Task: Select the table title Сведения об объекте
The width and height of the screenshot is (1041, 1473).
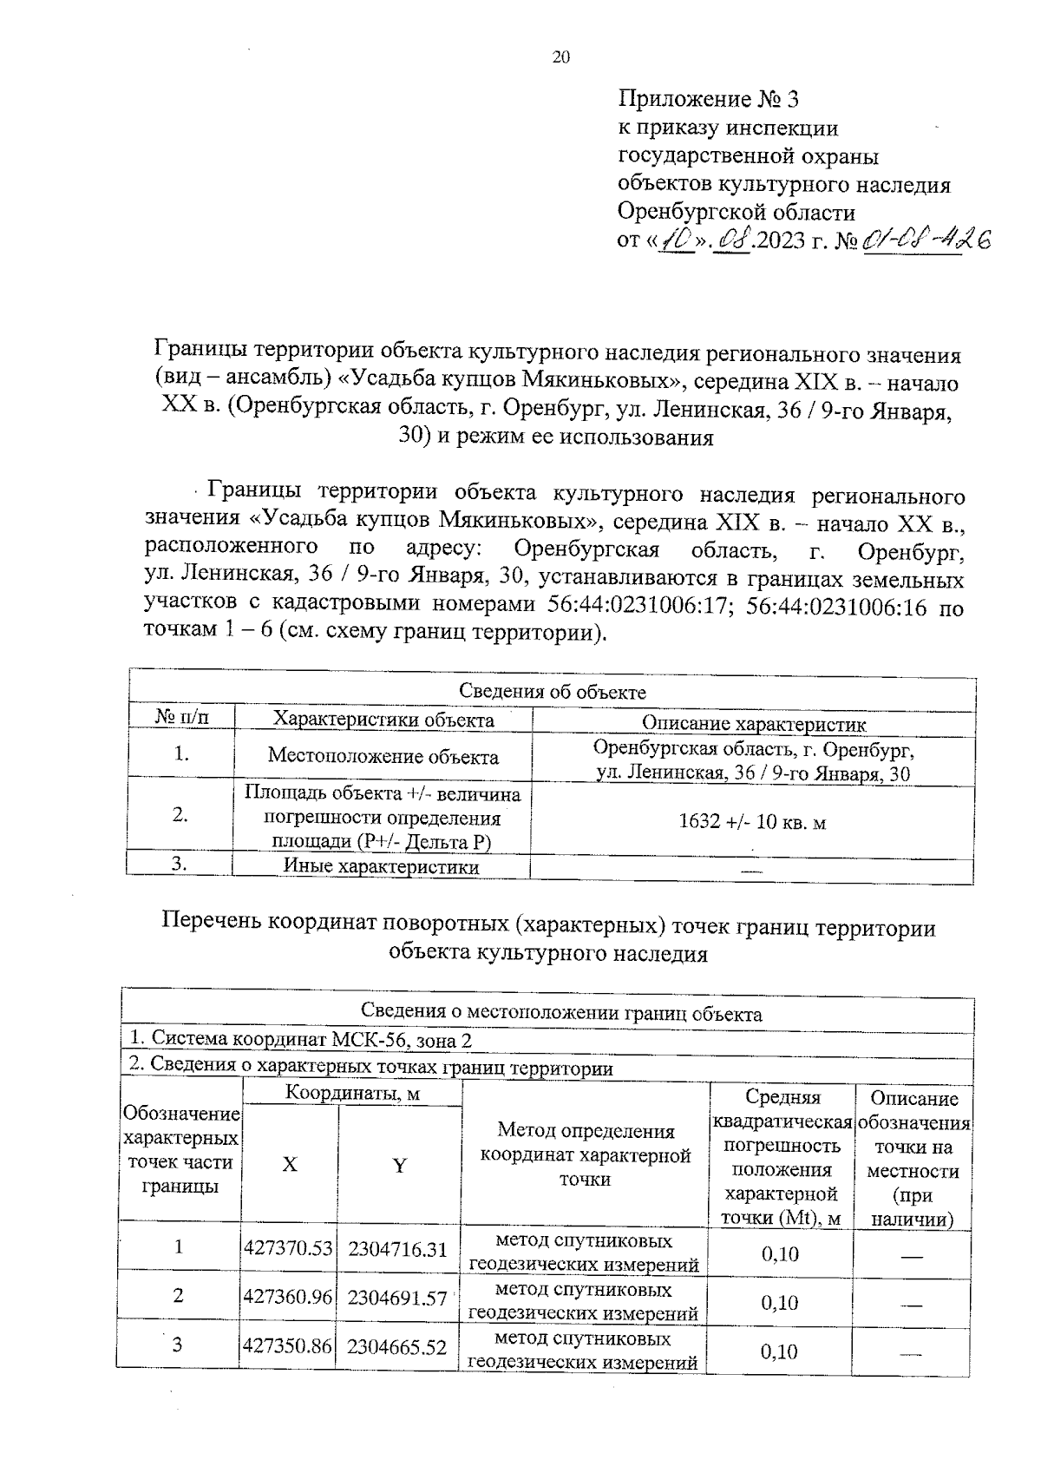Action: click(552, 692)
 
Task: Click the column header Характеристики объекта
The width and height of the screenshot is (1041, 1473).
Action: click(383, 720)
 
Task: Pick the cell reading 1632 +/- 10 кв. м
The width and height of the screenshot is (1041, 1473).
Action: click(752, 822)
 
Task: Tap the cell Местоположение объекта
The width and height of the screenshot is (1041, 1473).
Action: click(383, 756)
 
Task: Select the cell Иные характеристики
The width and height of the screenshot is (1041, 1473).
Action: click(382, 866)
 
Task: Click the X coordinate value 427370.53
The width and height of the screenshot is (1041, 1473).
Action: click(289, 1248)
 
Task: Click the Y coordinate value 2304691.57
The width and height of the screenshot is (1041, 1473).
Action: click(397, 1298)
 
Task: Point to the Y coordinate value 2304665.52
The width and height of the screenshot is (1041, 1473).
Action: click(397, 1346)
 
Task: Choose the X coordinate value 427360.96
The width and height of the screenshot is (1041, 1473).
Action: click(289, 1297)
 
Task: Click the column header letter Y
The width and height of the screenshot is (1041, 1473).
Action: click(399, 1166)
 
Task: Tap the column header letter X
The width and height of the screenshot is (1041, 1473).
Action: click(289, 1165)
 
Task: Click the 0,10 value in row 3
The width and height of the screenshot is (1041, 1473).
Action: click(779, 1351)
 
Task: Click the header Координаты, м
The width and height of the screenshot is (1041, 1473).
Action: click(352, 1094)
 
